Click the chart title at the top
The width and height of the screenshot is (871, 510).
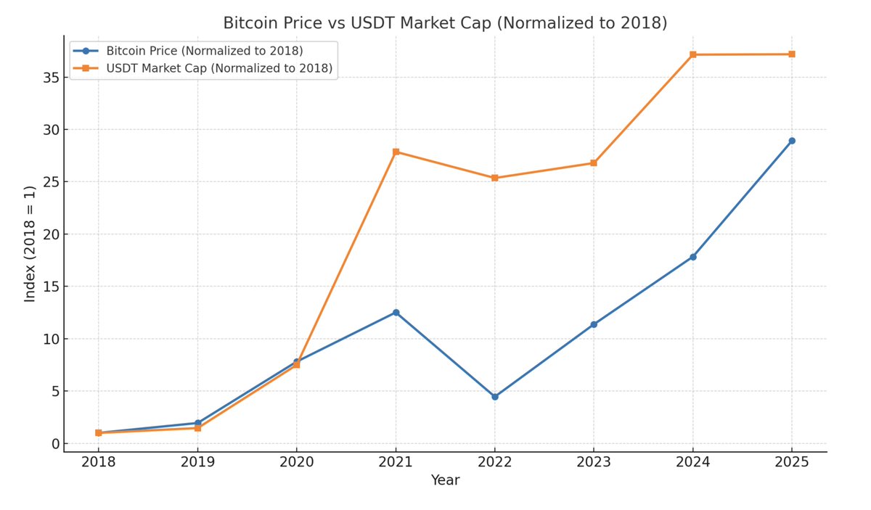coord(445,23)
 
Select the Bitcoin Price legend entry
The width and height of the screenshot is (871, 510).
coord(204,51)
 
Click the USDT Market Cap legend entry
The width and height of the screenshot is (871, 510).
coord(218,68)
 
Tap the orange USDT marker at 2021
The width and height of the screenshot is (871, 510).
coord(396,152)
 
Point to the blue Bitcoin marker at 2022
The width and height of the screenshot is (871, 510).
coord(495,397)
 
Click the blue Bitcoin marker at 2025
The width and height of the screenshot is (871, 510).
coord(792,141)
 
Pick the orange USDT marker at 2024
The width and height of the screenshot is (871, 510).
coord(693,54)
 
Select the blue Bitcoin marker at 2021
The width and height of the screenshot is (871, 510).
coord(396,313)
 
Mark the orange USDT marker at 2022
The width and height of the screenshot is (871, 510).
coord(495,178)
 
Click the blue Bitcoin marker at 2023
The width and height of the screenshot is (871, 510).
coord(594,324)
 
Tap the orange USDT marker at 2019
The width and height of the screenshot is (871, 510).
coord(197,428)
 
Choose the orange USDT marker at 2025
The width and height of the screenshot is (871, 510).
coord(792,54)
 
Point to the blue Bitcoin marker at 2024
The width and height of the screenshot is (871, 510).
coord(693,257)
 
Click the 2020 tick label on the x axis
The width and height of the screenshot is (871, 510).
coord(296,462)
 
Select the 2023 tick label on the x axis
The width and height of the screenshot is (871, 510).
coord(594,462)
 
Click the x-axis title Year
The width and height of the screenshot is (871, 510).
coord(445,480)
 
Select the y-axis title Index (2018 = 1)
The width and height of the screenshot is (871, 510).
coord(30,244)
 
